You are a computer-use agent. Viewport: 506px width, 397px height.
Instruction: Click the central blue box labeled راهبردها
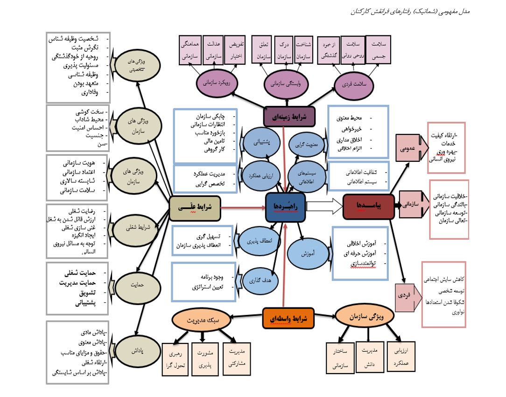point(285,207)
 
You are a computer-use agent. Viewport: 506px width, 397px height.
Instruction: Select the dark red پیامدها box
point(365,206)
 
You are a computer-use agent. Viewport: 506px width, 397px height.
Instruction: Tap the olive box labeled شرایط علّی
point(195,208)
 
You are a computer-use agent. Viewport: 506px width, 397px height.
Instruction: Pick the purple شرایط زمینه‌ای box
point(289,117)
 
